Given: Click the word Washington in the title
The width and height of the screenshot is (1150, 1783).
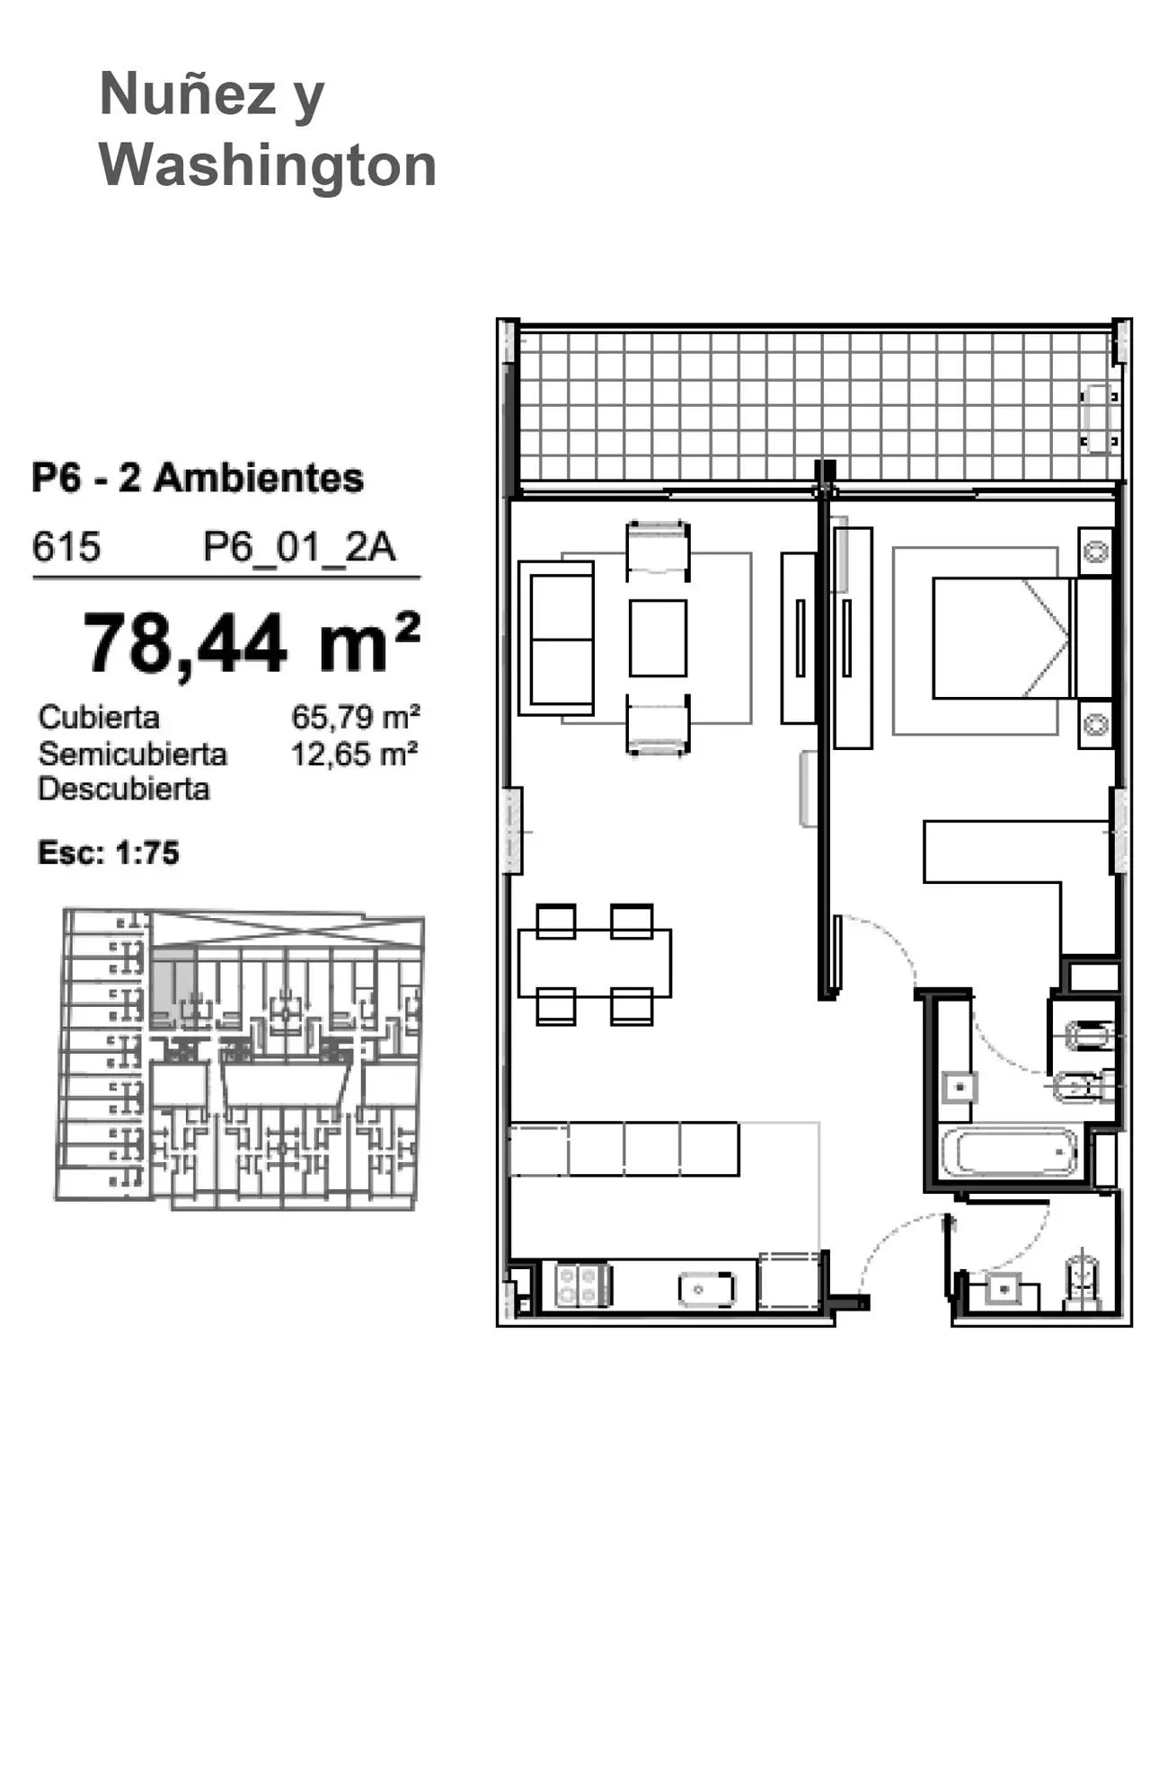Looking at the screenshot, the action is pyautogui.click(x=268, y=168).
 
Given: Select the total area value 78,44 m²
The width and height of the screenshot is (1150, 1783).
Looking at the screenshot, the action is pyautogui.click(x=252, y=642).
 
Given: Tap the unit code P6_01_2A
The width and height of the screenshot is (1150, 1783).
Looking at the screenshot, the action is pyautogui.click(x=299, y=546).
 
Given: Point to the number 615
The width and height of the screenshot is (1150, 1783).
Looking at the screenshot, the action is pyautogui.click(x=66, y=546).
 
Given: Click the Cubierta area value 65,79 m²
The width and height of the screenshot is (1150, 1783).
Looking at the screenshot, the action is pyautogui.click(x=356, y=717).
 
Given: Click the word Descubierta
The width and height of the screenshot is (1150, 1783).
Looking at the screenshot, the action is pyautogui.click(x=124, y=790).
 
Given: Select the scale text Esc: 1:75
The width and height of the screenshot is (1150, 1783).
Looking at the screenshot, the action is pyautogui.click(x=109, y=852).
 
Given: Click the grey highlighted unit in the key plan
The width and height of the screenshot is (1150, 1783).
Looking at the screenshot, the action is pyautogui.click(x=172, y=985).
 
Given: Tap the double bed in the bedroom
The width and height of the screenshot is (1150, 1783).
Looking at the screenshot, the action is pyautogui.click(x=1002, y=638).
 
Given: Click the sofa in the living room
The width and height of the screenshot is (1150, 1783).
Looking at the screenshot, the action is pyautogui.click(x=556, y=638).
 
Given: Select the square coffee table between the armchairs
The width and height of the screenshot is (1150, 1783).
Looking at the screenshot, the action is pyautogui.click(x=658, y=638).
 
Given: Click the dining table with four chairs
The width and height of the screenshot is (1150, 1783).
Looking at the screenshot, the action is pyautogui.click(x=595, y=964).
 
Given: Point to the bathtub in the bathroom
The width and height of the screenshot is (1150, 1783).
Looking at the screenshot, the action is pyautogui.click(x=1010, y=1152).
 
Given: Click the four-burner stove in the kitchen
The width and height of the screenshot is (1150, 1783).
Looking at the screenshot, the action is pyautogui.click(x=583, y=1284).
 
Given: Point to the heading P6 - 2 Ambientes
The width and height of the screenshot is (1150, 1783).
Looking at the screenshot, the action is pyautogui.click(x=198, y=478).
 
